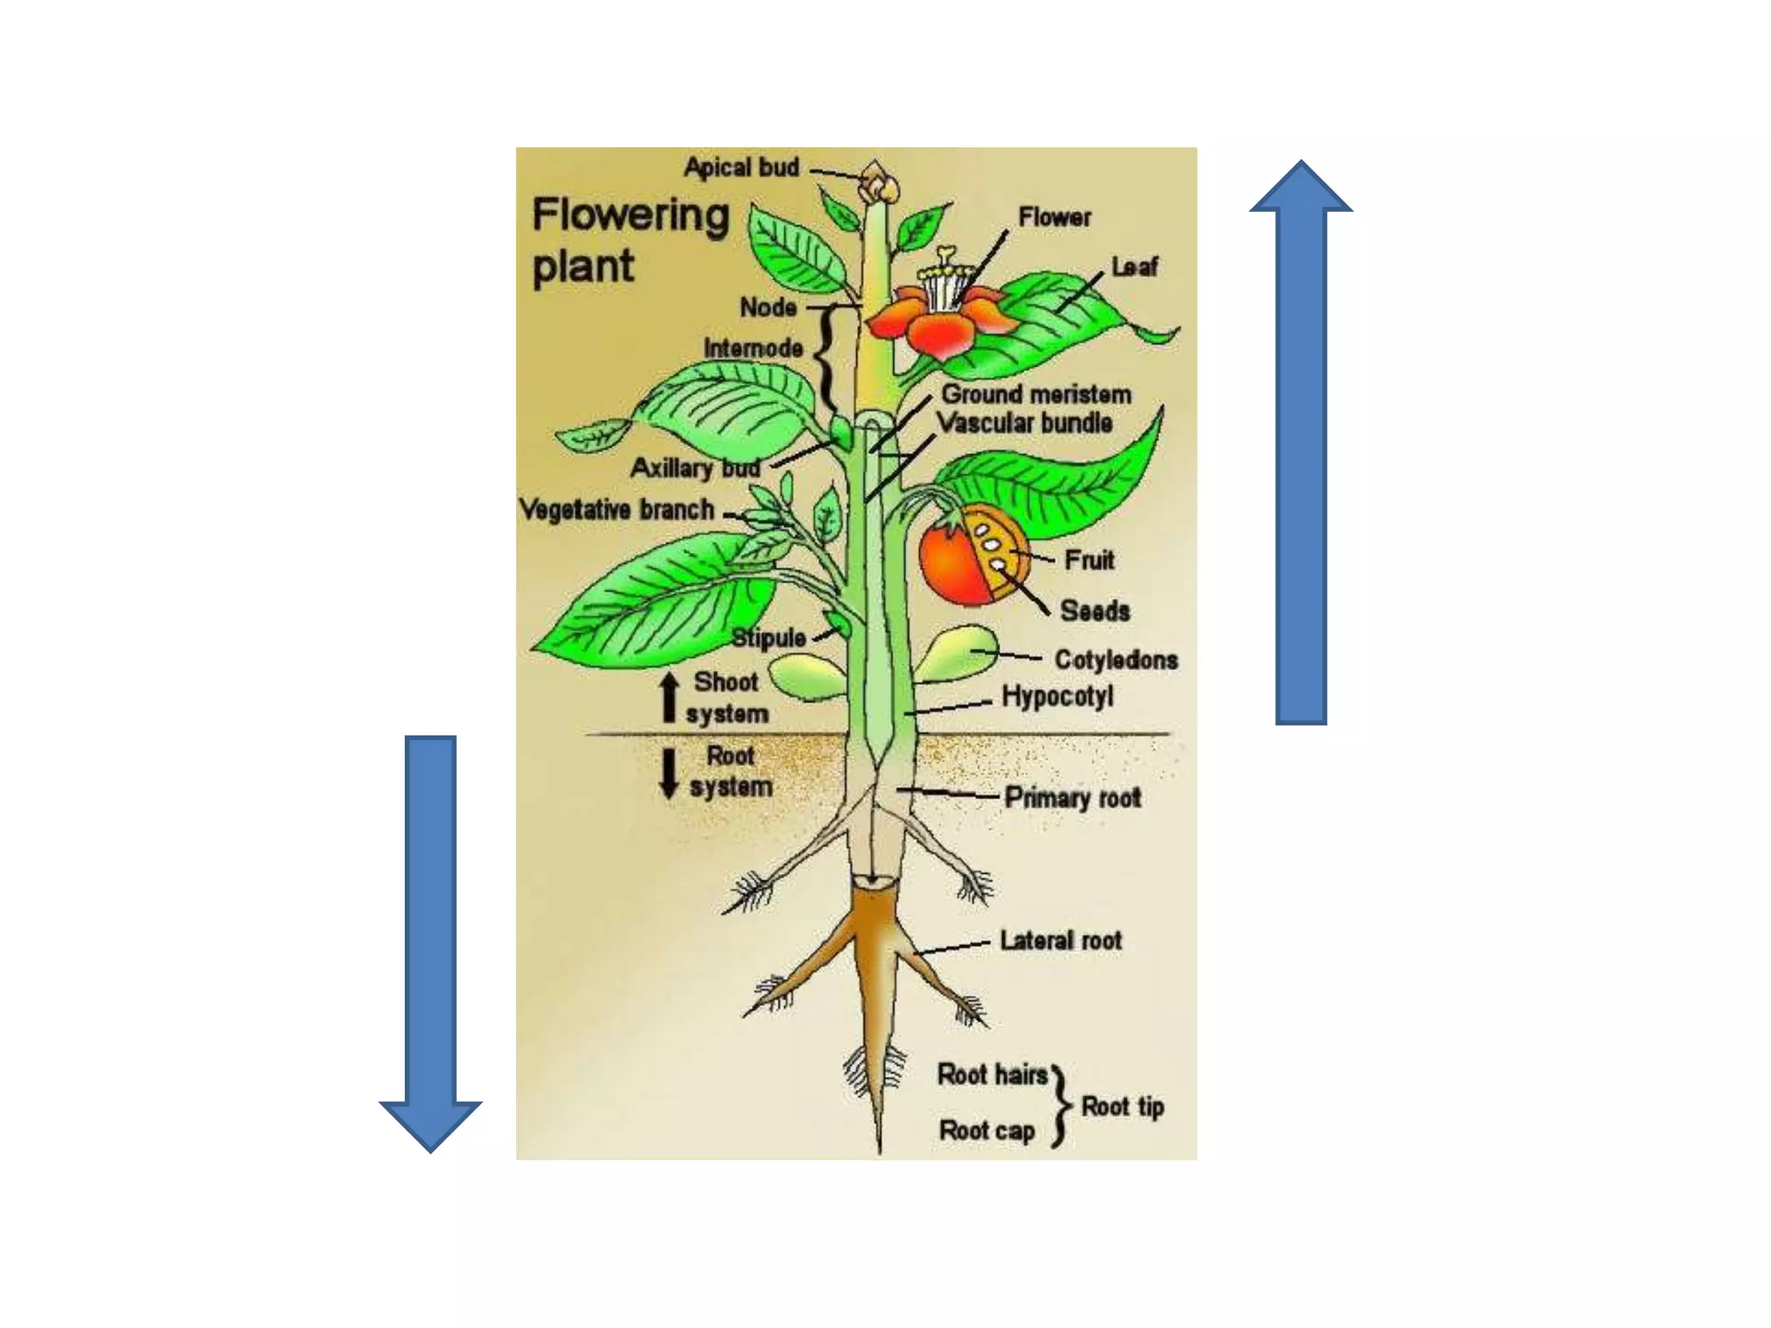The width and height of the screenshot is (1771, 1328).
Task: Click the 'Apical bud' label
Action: (741, 167)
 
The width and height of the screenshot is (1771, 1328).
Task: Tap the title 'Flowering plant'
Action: (630, 239)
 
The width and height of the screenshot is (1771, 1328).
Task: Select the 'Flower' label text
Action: (1054, 217)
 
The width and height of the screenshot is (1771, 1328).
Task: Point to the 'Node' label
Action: (768, 307)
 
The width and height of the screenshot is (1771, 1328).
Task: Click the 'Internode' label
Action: (752, 348)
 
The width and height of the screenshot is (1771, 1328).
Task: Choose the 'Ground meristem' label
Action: (1036, 394)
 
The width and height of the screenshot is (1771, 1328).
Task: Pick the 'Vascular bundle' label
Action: (1025, 423)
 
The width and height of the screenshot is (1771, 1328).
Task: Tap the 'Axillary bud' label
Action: (695, 468)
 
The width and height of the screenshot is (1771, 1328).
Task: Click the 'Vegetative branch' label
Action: (617, 509)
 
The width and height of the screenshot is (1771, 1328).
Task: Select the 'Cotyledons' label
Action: (1116, 660)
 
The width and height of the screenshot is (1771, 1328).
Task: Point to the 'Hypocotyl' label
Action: (1057, 696)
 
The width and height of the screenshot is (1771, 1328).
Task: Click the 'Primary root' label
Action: (1072, 797)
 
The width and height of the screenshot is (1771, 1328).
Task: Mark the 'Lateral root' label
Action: (1060, 940)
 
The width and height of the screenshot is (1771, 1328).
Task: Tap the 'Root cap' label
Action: (987, 1130)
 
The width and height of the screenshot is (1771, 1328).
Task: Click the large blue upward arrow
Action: (1301, 441)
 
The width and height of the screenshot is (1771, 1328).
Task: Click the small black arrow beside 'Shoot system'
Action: (668, 698)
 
